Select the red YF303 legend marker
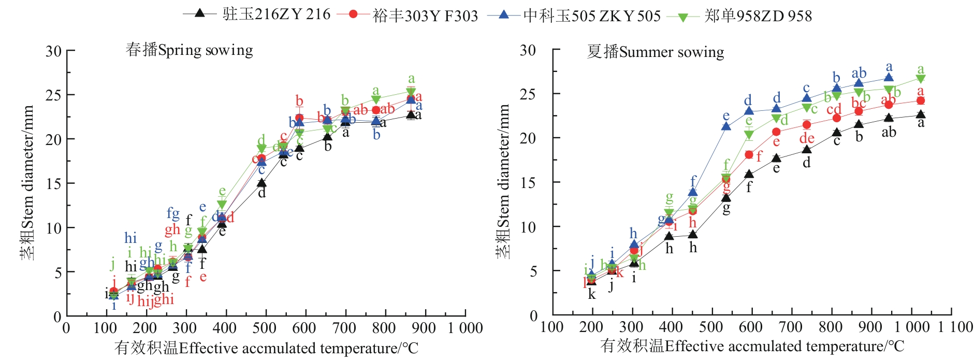coord(353,14)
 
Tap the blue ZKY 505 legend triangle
coord(503,14)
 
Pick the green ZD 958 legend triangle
coord(683,17)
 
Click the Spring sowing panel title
coord(189,50)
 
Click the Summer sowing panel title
coord(655,52)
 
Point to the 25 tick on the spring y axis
coord(54,95)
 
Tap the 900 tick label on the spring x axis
coord(424,328)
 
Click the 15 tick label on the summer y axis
coord(528,183)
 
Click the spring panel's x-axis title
coord(266,348)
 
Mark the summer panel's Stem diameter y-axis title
coord(503,181)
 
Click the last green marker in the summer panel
coord(920,79)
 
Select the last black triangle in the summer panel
coord(920,114)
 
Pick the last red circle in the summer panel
coord(920,100)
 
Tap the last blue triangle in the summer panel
coord(889,77)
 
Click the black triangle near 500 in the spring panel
coord(261,182)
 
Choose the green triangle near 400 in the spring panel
coord(222,205)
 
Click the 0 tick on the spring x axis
coord(66,328)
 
